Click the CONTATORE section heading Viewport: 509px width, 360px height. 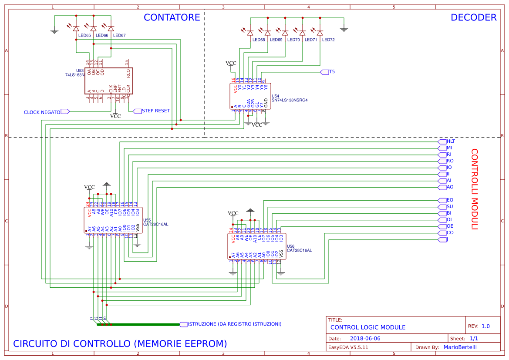(x=172, y=17)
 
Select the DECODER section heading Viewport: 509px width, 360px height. (x=473, y=17)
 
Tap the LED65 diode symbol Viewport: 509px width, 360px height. (x=76, y=29)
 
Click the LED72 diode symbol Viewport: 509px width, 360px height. (x=320, y=33)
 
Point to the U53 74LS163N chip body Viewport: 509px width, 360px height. (x=108, y=81)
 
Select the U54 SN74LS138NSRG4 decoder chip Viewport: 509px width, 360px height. (x=250, y=96)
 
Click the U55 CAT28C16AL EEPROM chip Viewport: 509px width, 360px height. (x=112, y=220)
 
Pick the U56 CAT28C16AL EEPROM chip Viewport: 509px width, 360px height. (x=256, y=246)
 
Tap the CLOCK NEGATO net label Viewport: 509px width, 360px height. (x=42, y=112)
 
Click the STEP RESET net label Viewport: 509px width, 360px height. (x=155, y=111)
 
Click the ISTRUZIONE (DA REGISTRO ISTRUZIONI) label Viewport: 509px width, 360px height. (x=234, y=324)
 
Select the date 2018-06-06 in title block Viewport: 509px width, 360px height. (x=365, y=338)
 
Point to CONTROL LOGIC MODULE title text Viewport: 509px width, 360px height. (x=367, y=327)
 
